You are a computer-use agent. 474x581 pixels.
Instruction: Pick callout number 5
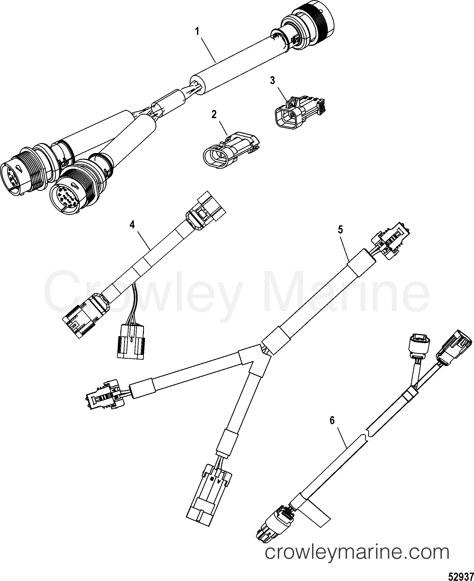point(340,230)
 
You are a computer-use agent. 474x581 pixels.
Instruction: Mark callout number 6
point(332,421)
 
